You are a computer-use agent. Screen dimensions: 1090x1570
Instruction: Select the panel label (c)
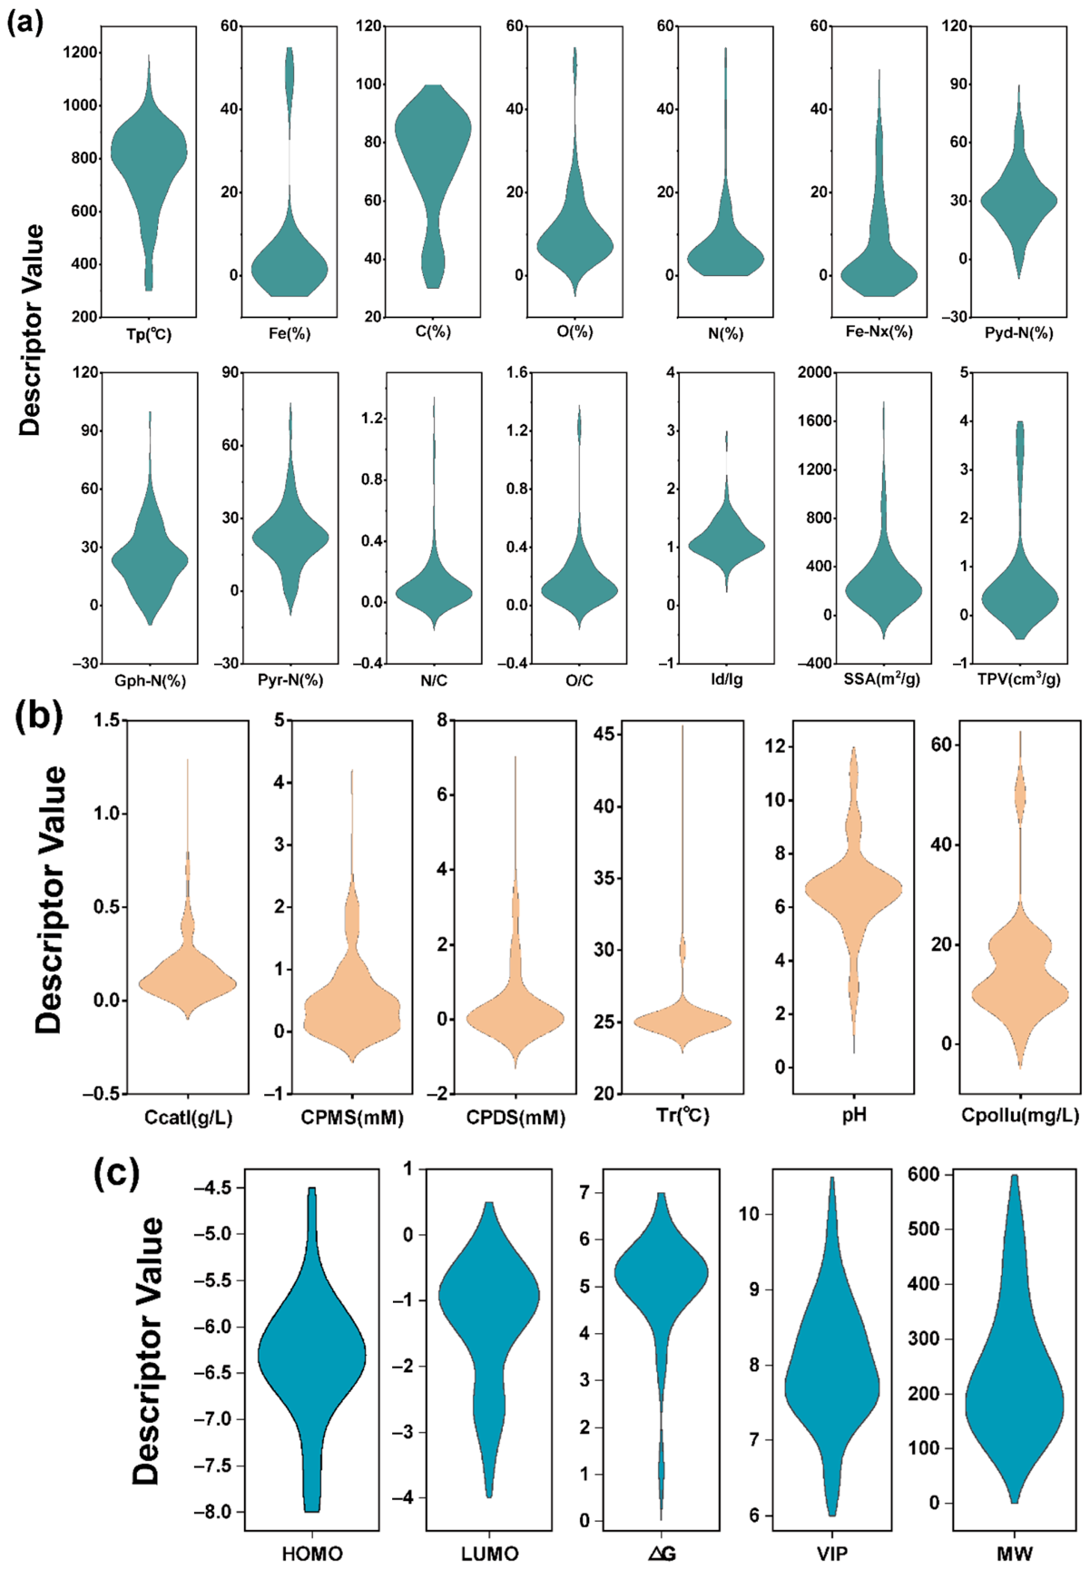[x=117, y=1172]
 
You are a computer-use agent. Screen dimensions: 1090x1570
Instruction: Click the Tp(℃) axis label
[x=149, y=334]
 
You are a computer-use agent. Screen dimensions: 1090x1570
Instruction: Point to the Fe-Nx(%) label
[x=879, y=331]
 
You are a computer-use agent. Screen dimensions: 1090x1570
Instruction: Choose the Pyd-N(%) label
[x=1018, y=332]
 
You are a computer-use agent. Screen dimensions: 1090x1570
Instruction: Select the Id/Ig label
[x=727, y=679]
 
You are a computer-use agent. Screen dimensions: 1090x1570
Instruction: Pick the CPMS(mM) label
[x=352, y=1117]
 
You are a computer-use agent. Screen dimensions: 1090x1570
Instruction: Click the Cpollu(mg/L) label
[x=1020, y=1116]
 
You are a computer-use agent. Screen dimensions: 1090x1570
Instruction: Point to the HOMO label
[x=312, y=1554]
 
